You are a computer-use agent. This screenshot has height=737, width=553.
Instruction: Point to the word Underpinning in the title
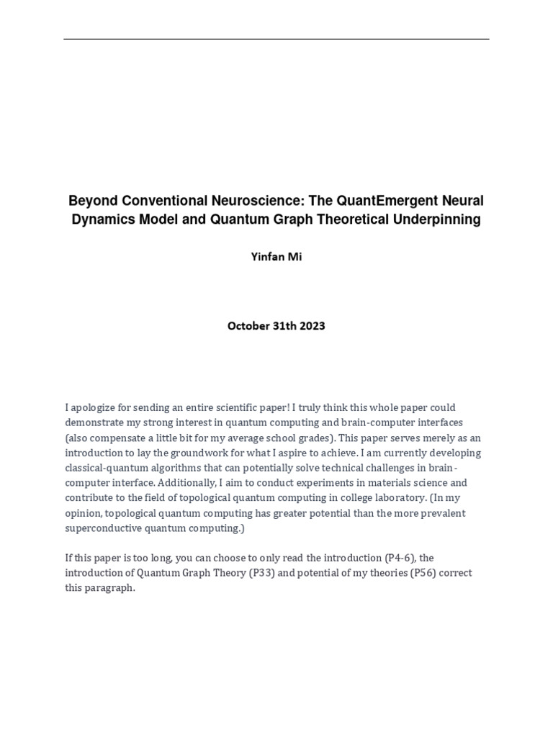pos(440,220)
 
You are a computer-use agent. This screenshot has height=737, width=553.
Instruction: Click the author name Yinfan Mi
pos(276,257)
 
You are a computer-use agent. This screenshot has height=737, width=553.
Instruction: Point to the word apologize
pos(99,407)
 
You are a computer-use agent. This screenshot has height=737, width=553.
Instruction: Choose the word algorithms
pos(169,468)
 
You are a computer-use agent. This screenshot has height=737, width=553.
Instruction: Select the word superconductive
pos(103,528)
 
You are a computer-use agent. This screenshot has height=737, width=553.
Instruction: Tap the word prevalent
pos(445,513)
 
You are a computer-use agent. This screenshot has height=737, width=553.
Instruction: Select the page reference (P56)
pos(420,573)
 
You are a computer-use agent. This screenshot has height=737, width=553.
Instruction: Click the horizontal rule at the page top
pos(276,39)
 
